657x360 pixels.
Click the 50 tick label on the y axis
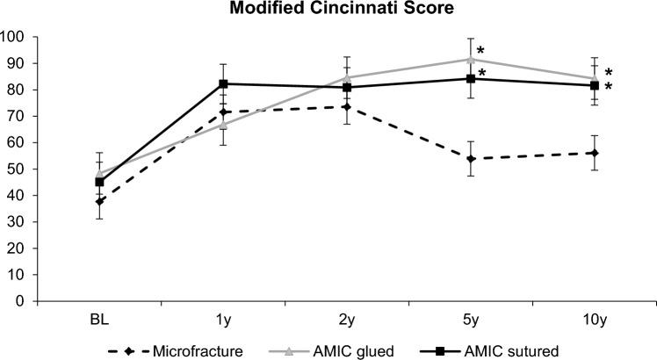(x=15, y=169)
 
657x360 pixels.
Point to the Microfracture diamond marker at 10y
(x=595, y=153)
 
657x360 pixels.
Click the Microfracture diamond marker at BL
(x=99, y=201)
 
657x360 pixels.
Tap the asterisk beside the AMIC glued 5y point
(x=480, y=51)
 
